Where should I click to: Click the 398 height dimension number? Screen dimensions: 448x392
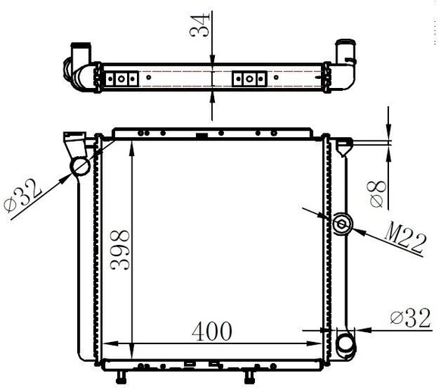tap(120, 249)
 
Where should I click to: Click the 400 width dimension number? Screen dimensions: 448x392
tap(212, 331)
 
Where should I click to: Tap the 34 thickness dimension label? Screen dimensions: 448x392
tap(200, 25)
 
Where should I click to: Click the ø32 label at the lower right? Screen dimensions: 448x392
tap(411, 318)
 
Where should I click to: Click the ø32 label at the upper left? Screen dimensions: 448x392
tap(23, 196)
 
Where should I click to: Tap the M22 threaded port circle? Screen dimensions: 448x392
tap(342, 224)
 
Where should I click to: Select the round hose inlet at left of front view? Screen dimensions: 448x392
tap(80, 167)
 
